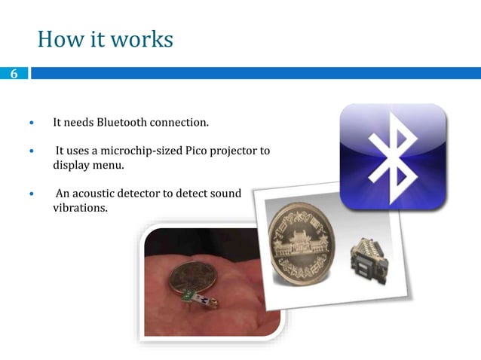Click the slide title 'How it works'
point(105,38)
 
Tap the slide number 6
point(13,74)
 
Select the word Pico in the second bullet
point(197,151)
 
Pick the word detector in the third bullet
point(147,194)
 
